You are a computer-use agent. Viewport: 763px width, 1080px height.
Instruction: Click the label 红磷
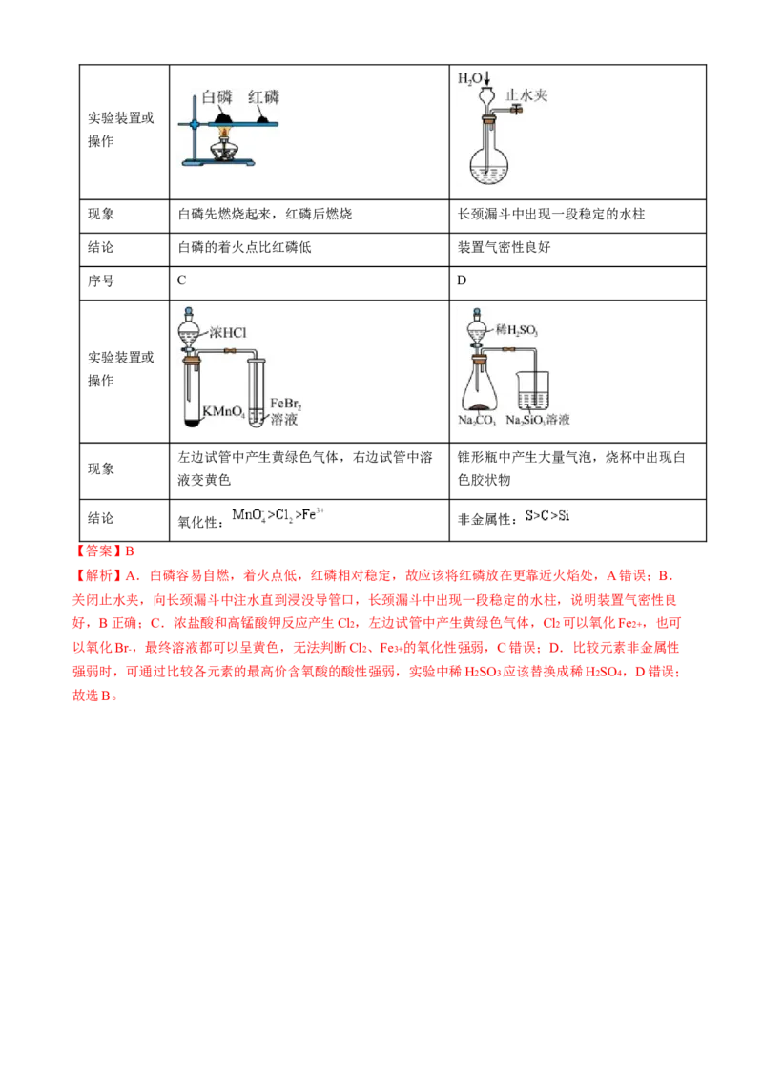(x=264, y=96)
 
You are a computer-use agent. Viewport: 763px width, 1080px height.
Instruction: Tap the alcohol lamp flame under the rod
(x=225, y=137)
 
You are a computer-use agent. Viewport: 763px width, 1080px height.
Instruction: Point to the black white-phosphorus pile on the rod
(x=223, y=116)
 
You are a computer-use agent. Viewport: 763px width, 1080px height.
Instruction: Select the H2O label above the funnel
(x=470, y=78)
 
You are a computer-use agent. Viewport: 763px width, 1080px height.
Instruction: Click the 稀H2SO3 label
(x=518, y=330)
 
